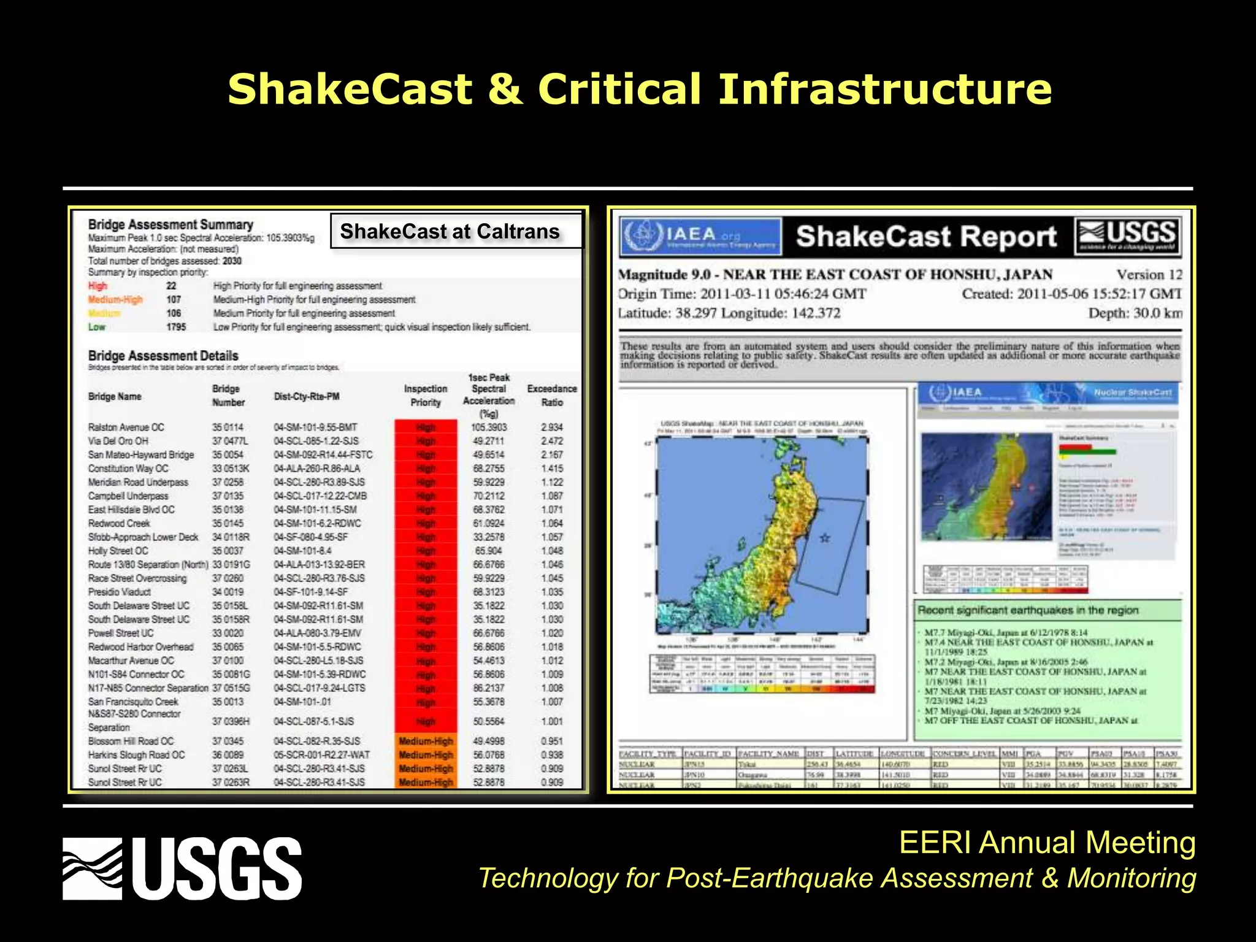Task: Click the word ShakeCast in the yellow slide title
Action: [x=350, y=90]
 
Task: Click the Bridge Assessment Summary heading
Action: [x=170, y=224]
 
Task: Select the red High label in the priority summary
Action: [x=98, y=286]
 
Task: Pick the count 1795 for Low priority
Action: [x=176, y=327]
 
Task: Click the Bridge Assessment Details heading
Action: [x=163, y=356]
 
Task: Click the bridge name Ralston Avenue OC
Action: [x=126, y=427]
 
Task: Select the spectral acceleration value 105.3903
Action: [x=489, y=427]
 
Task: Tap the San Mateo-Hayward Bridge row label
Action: [x=141, y=454]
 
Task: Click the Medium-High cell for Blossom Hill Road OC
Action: [x=426, y=741]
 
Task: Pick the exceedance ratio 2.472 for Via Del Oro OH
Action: [x=552, y=441]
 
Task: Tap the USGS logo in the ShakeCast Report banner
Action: [x=1127, y=236]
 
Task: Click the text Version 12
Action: [x=1149, y=274]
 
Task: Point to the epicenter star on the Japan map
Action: [x=825, y=538]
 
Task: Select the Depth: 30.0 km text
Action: [x=1135, y=313]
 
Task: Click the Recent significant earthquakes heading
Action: [x=1028, y=610]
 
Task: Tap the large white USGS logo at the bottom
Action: [x=182, y=868]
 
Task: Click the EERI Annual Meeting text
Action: [x=1047, y=843]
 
